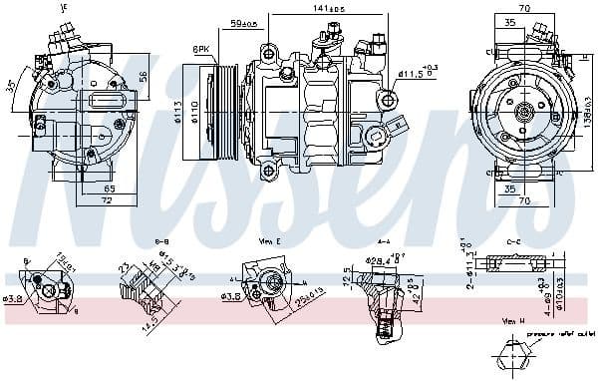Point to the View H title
point(513,322)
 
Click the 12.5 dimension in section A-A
point(347,286)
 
